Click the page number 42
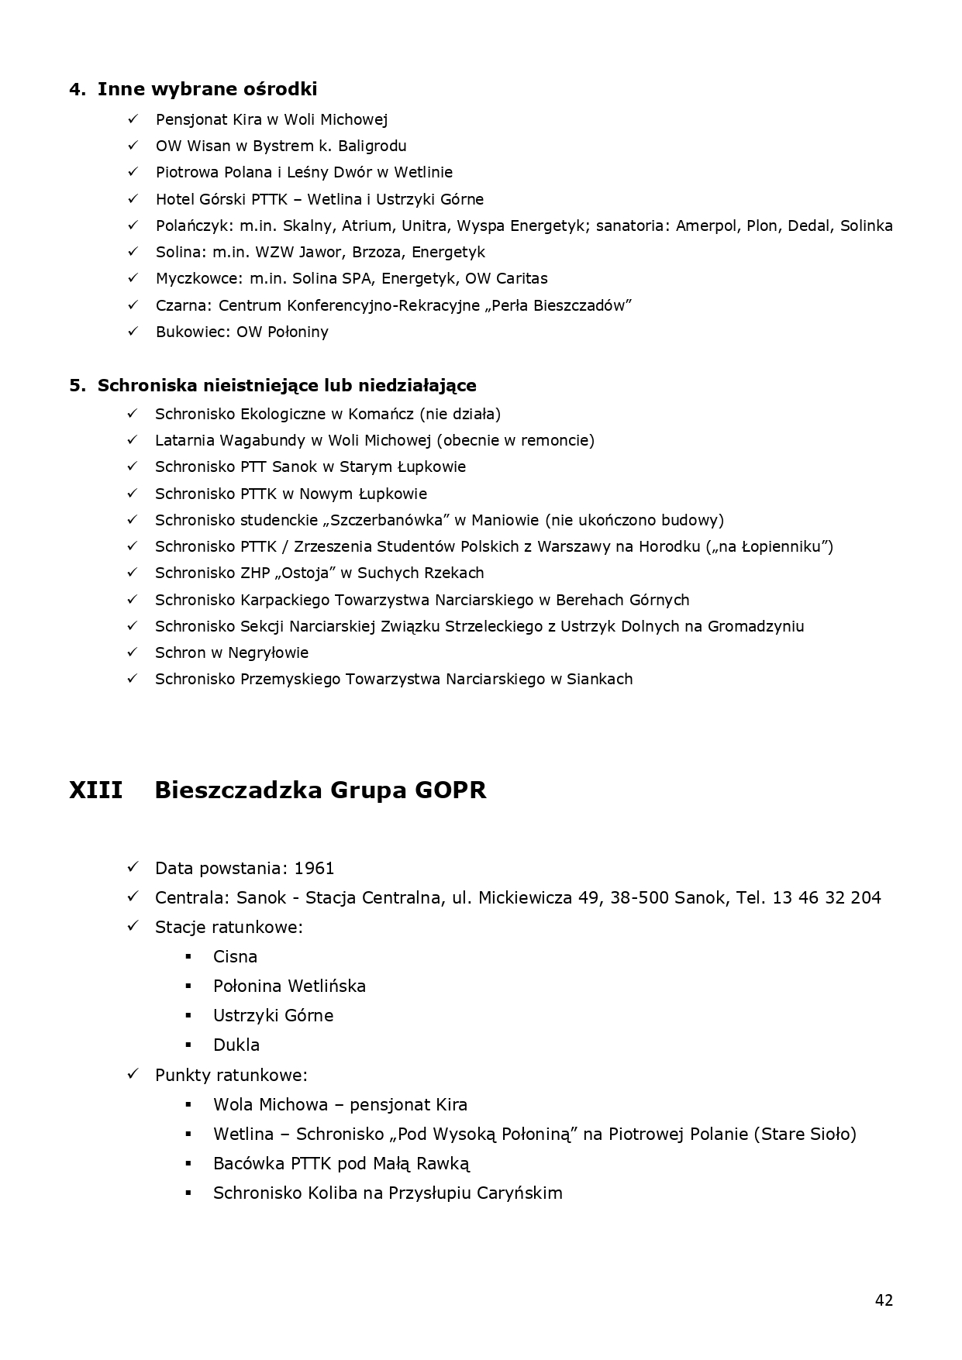[884, 1300]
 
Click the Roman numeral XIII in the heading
[95, 790]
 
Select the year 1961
[314, 869]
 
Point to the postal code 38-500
[640, 898]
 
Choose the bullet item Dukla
[236, 1045]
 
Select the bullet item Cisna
[235, 957]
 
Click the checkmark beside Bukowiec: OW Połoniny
[133, 331]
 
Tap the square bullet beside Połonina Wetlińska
[188, 986]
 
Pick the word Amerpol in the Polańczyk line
[708, 226]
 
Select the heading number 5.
[77, 386]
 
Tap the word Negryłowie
[267, 652]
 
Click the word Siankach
[599, 680]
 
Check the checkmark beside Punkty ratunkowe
[133, 1074]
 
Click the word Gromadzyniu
[755, 626]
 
